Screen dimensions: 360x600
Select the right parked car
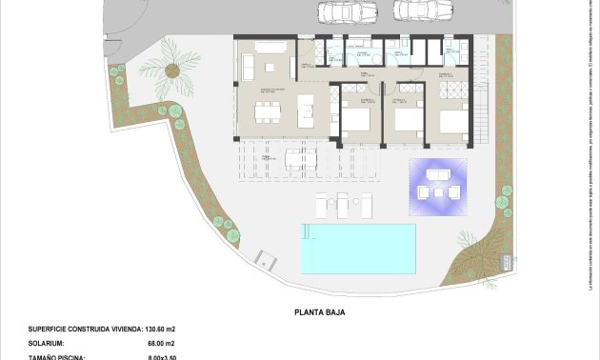pyautogui.click(x=413, y=10)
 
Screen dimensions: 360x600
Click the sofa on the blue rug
pyautogui.click(x=439, y=174)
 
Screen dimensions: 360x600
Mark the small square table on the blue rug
pyautogui.click(x=439, y=190)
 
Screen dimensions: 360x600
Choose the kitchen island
pyautogui.click(x=307, y=110)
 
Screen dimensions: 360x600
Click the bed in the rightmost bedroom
pyautogui.click(x=453, y=121)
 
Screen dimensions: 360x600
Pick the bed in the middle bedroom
pyautogui.click(x=406, y=120)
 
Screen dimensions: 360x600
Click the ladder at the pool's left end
pyautogui.click(x=305, y=231)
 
